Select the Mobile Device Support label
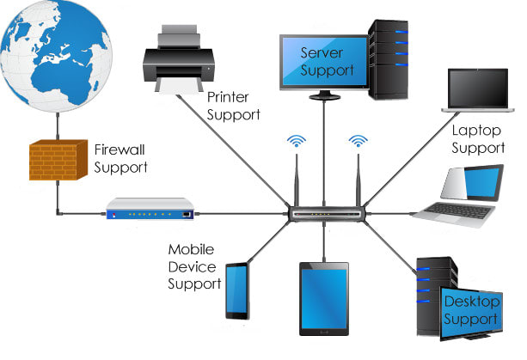pyautogui.click(x=194, y=265)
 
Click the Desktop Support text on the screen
pyautogui.click(x=469, y=310)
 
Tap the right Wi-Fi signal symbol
pyautogui.click(x=358, y=140)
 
